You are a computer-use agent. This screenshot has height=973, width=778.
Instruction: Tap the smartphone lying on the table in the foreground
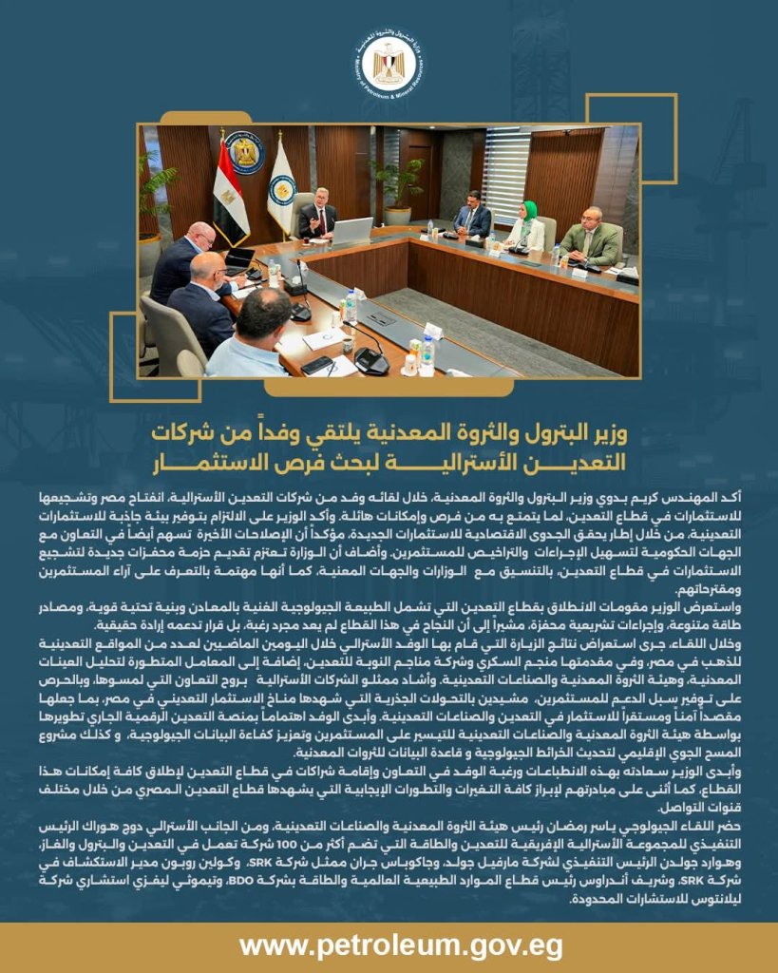(316, 364)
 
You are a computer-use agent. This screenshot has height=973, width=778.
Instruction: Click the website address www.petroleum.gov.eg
(388, 945)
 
